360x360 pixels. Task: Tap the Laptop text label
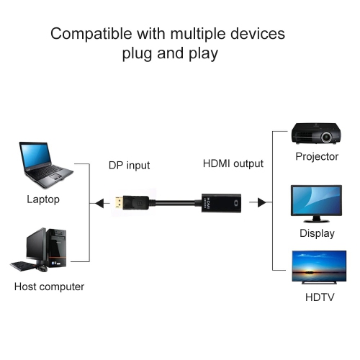click(x=43, y=199)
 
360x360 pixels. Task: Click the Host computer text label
click(x=49, y=287)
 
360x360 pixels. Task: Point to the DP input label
click(x=129, y=165)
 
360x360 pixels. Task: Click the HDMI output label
click(x=233, y=163)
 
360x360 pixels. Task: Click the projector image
click(x=316, y=133)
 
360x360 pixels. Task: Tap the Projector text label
click(x=317, y=156)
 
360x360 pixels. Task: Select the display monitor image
click(x=316, y=201)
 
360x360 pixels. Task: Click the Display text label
click(x=317, y=233)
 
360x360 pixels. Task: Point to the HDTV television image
click(x=318, y=266)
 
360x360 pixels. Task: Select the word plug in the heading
click(x=137, y=53)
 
